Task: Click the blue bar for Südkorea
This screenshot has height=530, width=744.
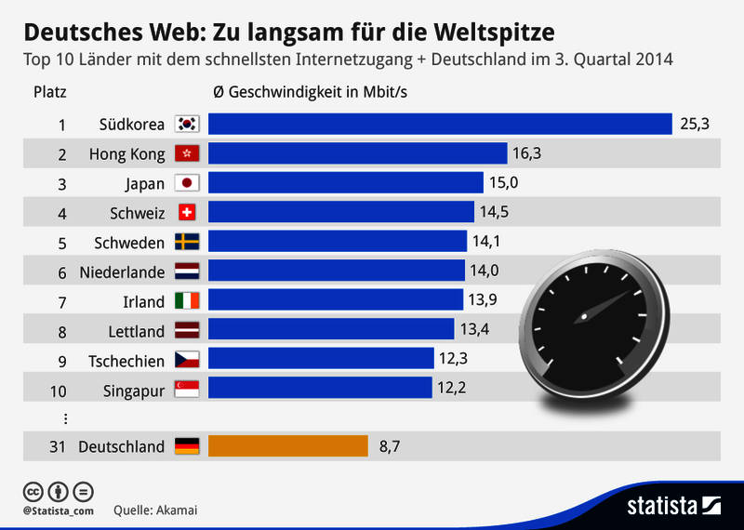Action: [x=440, y=124]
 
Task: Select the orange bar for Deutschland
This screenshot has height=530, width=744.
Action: [x=288, y=446]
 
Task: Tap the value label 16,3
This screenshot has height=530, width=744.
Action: [x=527, y=153]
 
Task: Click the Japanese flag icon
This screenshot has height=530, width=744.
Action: [x=188, y=183]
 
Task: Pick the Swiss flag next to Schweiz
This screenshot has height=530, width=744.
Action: [x=188, y=212]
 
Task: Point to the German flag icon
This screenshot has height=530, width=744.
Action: [x=188, y=446]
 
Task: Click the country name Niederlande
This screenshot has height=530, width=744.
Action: [x=123, y=272]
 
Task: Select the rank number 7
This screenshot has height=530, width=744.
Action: [x=61, y=301]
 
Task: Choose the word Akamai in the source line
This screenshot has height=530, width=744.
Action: [x=177, y=510]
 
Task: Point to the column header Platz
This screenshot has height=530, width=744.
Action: [x=49, y=92]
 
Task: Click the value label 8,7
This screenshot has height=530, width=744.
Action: [x=391, y=446]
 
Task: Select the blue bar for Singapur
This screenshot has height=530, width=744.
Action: [x=320, y=388]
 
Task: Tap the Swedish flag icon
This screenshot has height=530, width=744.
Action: [x=188, y=242]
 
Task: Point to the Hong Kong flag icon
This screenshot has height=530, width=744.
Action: [x=188, y=153]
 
